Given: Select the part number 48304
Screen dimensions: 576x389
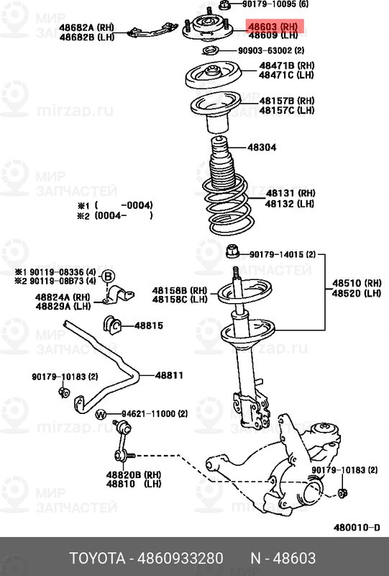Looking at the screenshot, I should point(262,147).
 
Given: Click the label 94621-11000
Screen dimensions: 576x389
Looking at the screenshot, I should point(147,414).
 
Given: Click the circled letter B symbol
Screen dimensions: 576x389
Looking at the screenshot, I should point(106,276).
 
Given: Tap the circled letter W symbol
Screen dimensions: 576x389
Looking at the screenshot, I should point(101,414).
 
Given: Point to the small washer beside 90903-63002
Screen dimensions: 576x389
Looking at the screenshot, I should point(211,50).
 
